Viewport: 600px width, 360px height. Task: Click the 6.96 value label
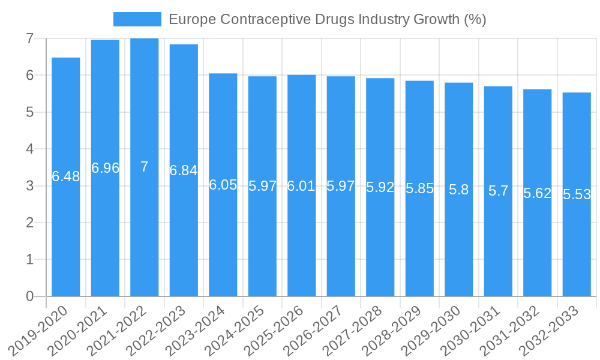105,168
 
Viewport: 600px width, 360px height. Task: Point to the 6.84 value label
184,170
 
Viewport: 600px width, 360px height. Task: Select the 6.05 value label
223,185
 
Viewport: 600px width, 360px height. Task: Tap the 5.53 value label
577,194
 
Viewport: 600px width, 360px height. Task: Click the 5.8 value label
459,190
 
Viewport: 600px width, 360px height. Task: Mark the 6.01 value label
301,186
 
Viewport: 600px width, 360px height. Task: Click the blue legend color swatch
137,19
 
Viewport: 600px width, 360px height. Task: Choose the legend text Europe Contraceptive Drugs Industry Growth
327,19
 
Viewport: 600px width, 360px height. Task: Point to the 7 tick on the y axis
29,38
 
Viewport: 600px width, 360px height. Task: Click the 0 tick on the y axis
29,296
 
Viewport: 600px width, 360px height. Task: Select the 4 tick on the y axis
29,149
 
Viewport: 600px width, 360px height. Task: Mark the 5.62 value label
537,193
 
